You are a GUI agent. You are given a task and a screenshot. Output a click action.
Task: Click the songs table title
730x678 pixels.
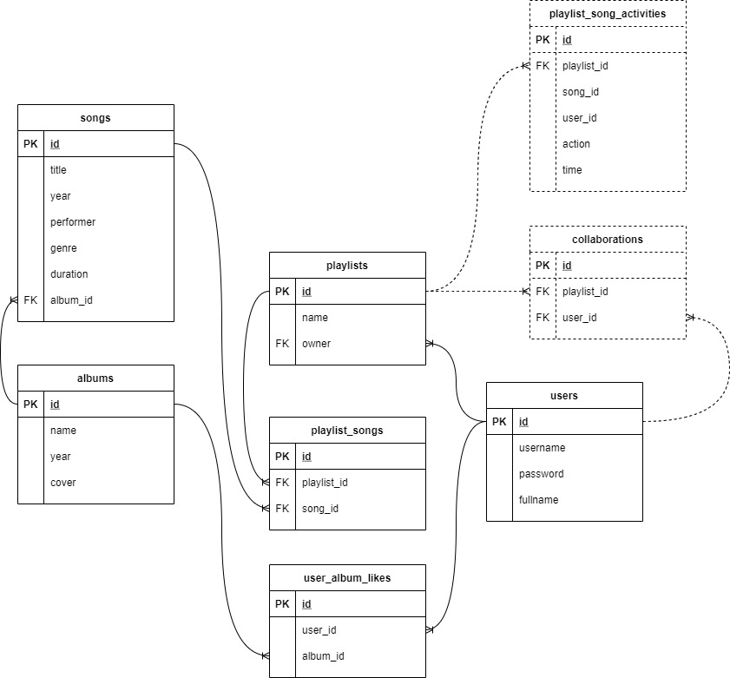coord(95,118)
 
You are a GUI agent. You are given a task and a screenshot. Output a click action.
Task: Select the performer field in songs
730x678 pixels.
coord(73,222)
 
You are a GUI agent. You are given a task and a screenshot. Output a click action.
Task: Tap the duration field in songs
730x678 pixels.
coord(69,274)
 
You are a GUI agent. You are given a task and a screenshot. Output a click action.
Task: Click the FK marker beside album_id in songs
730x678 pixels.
coord(30,300)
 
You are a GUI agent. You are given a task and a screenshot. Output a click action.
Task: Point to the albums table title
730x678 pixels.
coord(95,378)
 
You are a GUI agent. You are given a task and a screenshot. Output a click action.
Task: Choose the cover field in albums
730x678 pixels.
coord(62,483)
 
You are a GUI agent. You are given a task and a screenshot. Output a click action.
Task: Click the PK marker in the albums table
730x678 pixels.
coord(30,405)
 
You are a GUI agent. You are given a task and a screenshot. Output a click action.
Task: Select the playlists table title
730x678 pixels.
coord(347,266)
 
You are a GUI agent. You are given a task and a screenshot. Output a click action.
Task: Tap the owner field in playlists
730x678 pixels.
coord(316,344)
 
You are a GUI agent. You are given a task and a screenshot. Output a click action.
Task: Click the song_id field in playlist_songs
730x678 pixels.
coord(319,509)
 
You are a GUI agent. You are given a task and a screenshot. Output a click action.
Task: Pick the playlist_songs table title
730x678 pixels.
coord(347,431)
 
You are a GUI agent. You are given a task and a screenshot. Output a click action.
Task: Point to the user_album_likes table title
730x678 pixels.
coord(347,578)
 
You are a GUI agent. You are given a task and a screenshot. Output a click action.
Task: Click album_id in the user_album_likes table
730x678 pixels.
coord(323,656)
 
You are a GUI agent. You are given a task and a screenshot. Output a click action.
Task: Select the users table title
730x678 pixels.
coord(564,396)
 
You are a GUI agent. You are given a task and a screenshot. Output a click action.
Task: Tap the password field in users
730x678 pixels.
coord(541,474)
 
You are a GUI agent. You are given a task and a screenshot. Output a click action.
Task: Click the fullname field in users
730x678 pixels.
coord(539,500)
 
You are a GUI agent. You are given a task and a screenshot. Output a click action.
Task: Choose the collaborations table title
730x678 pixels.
coord(608,240)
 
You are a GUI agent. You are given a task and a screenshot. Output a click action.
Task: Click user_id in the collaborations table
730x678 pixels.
coord(579,318)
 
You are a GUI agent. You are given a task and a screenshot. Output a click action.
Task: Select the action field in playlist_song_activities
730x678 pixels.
coord(575,144)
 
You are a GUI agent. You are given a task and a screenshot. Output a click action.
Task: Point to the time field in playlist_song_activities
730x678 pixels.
coord(572,170)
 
